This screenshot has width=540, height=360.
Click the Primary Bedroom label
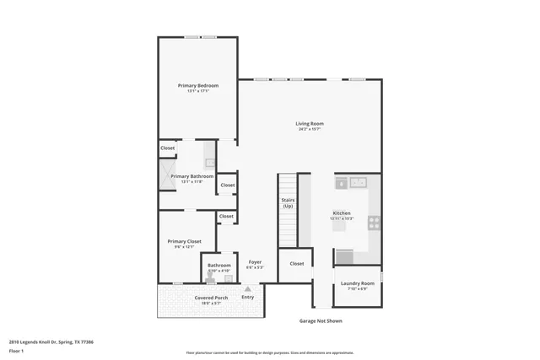(x=197, y=85)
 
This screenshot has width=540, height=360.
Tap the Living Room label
(x=310, y=124)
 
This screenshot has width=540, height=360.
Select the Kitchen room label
(x=342, y=212)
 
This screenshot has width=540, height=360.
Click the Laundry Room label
(x=357, y=283)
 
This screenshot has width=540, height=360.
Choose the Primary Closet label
(x=184, y=241)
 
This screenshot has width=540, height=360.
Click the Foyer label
(x=254, y=262)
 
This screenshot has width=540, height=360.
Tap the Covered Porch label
(x=210, y=298)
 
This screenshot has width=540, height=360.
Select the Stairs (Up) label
(x=288, y=203)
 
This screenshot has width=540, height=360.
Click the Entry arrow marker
(x=247, y=289)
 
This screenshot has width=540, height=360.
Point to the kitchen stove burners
(x=374, y=223)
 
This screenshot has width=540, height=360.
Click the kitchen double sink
(x=359, y=181)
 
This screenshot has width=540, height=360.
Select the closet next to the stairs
(x=296, y=263)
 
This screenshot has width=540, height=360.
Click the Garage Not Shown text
(x=321, y=320)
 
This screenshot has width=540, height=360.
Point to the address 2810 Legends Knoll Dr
(x=51, y=342)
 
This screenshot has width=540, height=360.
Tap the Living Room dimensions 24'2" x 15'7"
(x=310, y=130)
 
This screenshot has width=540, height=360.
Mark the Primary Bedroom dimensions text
(x=197, y=91)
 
